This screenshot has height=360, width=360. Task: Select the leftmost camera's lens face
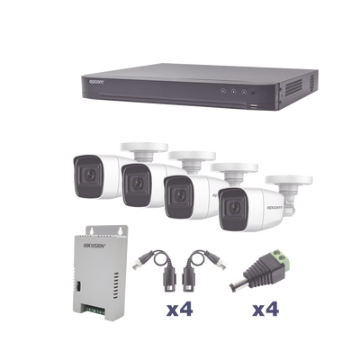pyautogui.click(x=86, y=171)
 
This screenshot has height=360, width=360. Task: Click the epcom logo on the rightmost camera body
pyautogui.click(x=271, y=196)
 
